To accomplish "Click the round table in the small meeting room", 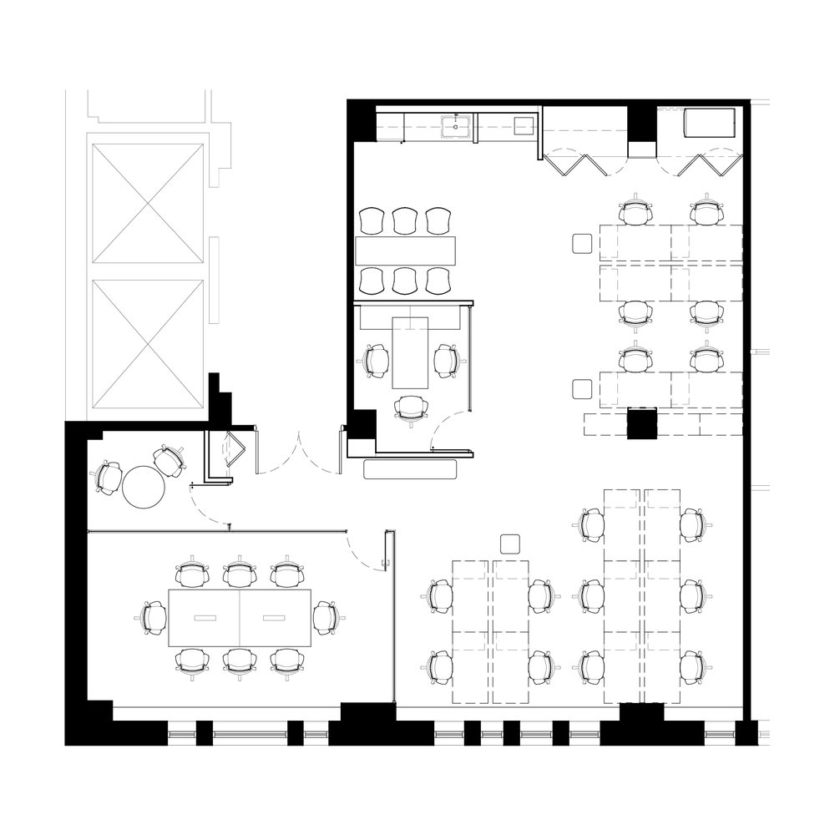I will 145,486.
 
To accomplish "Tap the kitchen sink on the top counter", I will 457,128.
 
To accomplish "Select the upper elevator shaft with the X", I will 147,202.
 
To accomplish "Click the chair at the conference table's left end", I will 154,618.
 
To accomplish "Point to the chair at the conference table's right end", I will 325,618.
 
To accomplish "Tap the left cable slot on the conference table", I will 205,618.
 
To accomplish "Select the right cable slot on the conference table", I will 275,618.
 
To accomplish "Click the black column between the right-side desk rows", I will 643,423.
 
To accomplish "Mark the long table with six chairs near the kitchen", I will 407,250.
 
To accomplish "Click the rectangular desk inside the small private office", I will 410,352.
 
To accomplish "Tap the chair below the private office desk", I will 411,408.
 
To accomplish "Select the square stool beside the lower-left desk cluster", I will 509,545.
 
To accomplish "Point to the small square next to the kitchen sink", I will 524,125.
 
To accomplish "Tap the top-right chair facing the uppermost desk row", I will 706,211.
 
